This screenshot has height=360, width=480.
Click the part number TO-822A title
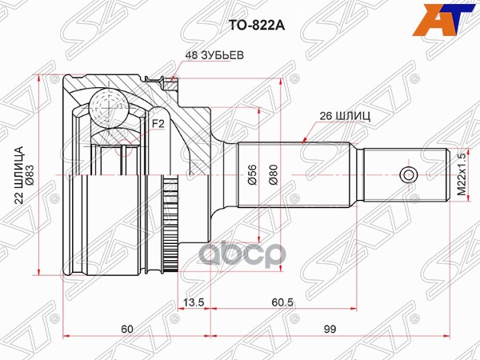point(257,26)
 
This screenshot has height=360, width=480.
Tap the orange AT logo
point(445,19)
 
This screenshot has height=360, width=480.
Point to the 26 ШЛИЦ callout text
point(345,116)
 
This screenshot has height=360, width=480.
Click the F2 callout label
point(158,124)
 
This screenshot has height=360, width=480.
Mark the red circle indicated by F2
point(124,146)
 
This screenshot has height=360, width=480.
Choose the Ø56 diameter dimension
point(252,174)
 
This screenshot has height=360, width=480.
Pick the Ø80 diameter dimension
point(273,174)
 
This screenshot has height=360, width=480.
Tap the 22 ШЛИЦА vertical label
point(19,174)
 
